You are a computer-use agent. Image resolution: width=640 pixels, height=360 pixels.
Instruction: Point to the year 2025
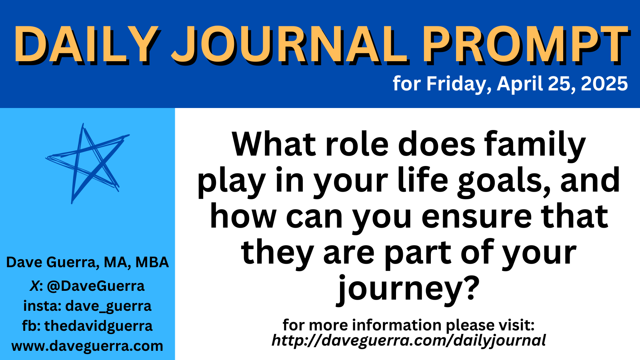click(604, 84)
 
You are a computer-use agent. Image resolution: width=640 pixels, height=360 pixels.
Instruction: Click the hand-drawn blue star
click(88, 164)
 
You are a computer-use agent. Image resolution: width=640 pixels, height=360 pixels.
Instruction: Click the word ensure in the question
click(477, 218)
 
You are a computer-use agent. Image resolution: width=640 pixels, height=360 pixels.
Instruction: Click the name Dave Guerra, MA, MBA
click(88, 262)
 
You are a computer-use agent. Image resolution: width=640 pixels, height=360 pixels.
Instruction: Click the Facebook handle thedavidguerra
click(98, 326)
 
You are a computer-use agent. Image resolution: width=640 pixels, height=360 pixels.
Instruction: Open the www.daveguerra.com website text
click(88, 346)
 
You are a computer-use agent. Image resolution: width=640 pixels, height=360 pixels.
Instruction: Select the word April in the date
click(520, 84)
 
